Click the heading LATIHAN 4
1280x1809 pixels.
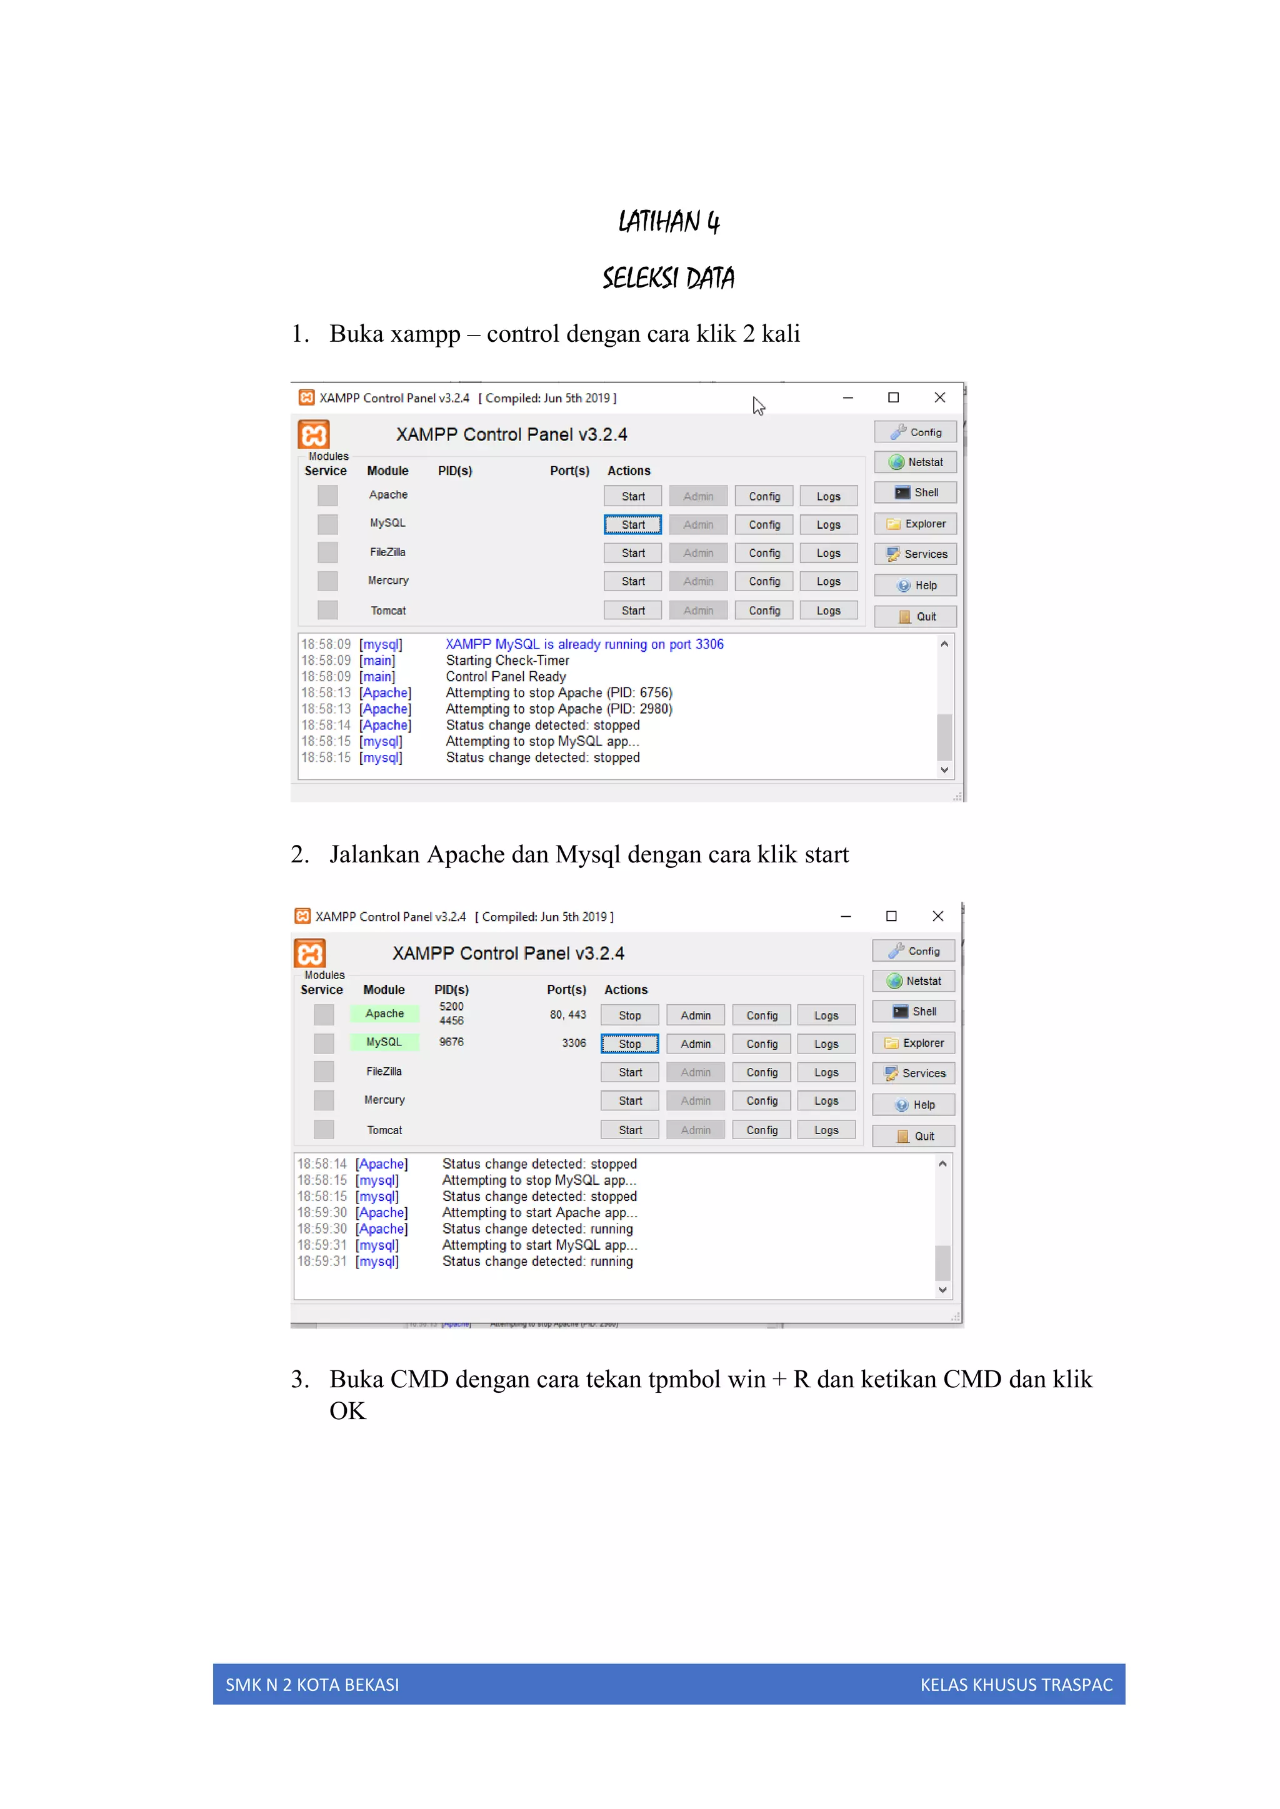coord(668,222)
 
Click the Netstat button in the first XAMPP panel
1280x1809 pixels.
coord(915,462)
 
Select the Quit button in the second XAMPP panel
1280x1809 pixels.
coord(914,1136)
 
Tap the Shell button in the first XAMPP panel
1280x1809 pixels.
coord(915,492)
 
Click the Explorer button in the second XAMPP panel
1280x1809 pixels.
coord(914,1043)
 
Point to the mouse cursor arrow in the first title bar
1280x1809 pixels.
coord(757,405)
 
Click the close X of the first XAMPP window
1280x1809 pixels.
coord(939,398)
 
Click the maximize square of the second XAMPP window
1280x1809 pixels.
coord(891,916)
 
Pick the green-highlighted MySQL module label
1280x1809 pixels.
coord(384,1042)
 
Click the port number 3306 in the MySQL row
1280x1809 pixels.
coord(574,1043)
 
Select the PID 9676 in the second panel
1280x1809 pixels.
coord(452,1042)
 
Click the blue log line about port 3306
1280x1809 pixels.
coord(584,644)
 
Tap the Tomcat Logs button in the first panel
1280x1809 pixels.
coord(828,610)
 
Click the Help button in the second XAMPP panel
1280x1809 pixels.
coord(914,1105)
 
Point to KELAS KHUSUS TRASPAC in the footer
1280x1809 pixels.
coord(1016,1685)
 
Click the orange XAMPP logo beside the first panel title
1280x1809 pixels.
coord(314,435)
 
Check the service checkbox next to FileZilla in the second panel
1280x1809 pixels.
coord(324,1072)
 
